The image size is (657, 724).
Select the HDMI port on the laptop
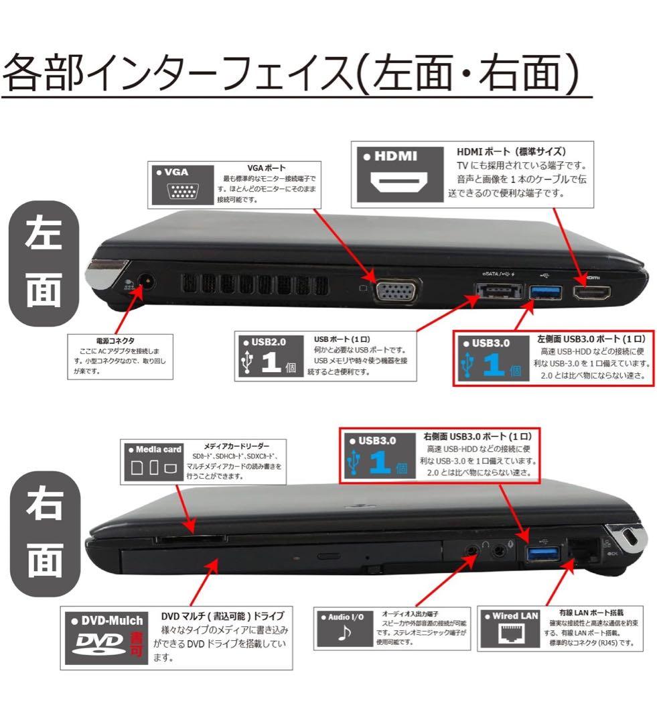(591, 293)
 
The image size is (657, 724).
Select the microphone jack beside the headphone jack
(498, 552)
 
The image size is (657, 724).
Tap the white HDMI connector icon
(399, 182)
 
